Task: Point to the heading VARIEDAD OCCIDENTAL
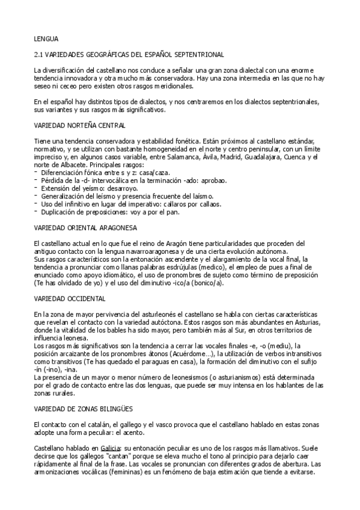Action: (x=70, y=298)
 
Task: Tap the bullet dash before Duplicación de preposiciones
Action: (x=35, y=211)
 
